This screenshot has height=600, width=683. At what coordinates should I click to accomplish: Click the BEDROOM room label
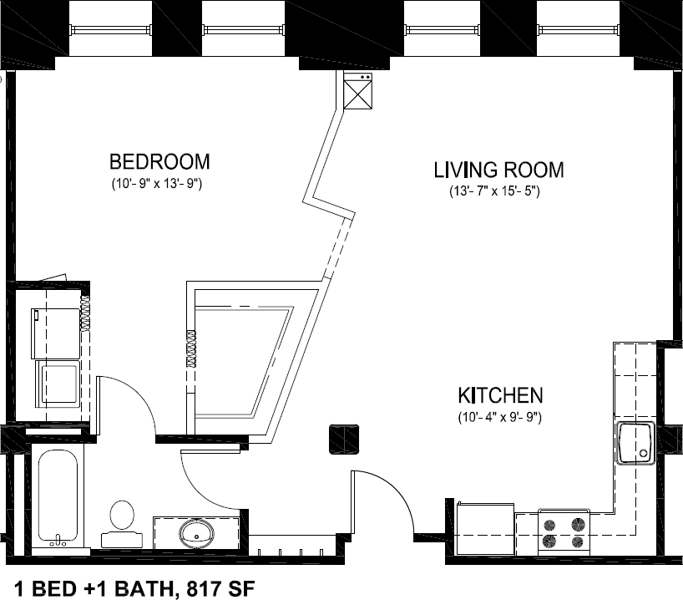(159, 160)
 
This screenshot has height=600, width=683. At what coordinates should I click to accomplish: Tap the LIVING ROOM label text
(498, 170)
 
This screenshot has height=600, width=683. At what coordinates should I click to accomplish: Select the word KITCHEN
(500, 394)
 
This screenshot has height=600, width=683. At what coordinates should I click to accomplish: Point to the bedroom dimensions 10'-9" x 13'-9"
(159, 182)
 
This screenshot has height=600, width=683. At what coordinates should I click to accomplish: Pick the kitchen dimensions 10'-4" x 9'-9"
(500, 416)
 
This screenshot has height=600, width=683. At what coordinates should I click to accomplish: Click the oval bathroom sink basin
(197, 531)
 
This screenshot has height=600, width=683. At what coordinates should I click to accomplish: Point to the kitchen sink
(636, 444)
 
